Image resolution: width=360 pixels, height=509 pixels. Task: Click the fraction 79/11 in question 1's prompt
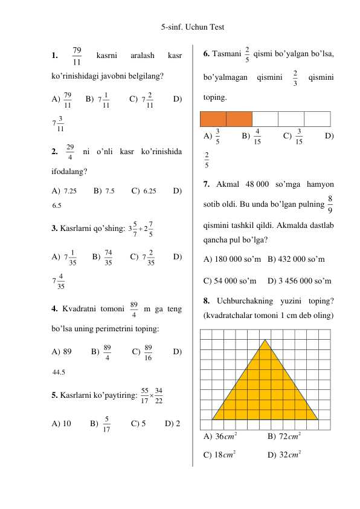tap(77, 56)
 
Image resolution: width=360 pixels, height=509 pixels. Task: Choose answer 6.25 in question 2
tap(147, 190)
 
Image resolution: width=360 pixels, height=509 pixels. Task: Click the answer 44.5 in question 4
tap(59, 372)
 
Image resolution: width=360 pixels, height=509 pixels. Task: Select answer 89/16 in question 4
tap(148, 352)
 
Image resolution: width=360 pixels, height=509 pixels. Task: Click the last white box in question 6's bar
tap(317, 119)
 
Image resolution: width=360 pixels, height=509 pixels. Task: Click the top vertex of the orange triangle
tap(265, 339)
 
